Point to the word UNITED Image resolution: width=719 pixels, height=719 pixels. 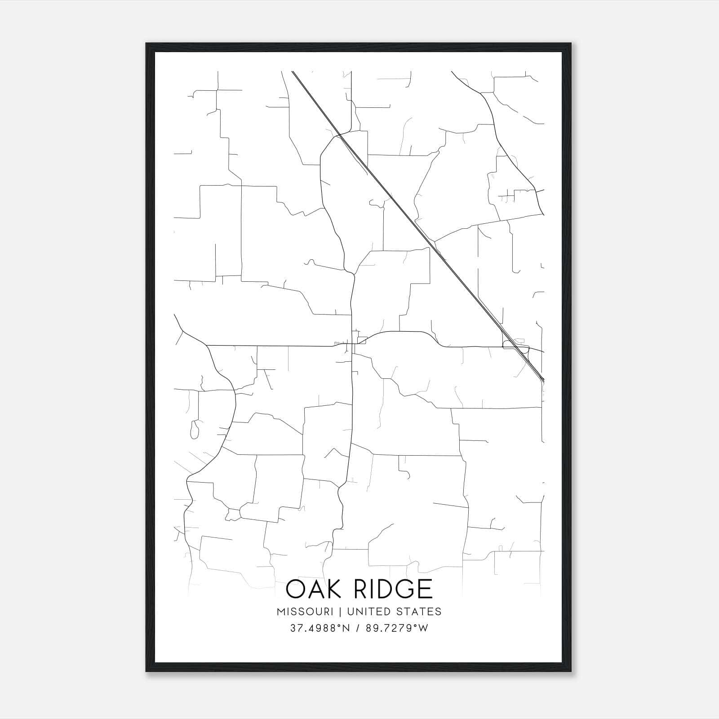tap(367, 612)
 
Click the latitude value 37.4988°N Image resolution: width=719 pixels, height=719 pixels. tap(320, 628)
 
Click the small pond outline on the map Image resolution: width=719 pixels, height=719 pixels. tap(195, 430)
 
